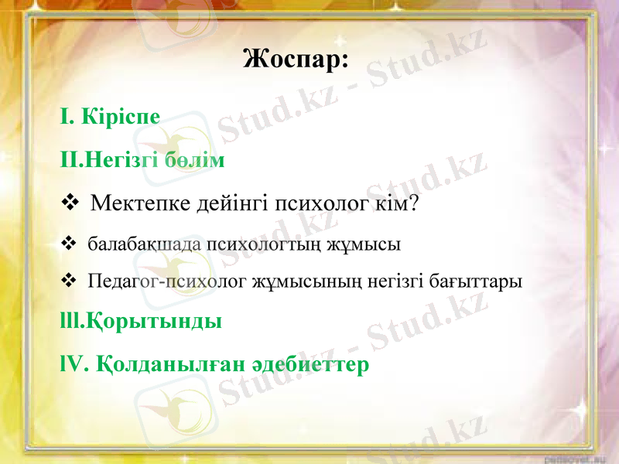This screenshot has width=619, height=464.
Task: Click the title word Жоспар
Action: [x=296, y=59]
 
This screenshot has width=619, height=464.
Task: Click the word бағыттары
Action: [x=484, y=280]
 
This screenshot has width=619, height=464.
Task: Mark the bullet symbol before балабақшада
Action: [x=67, y=244]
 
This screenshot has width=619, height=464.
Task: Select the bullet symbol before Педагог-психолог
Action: [x=67, y=279]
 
